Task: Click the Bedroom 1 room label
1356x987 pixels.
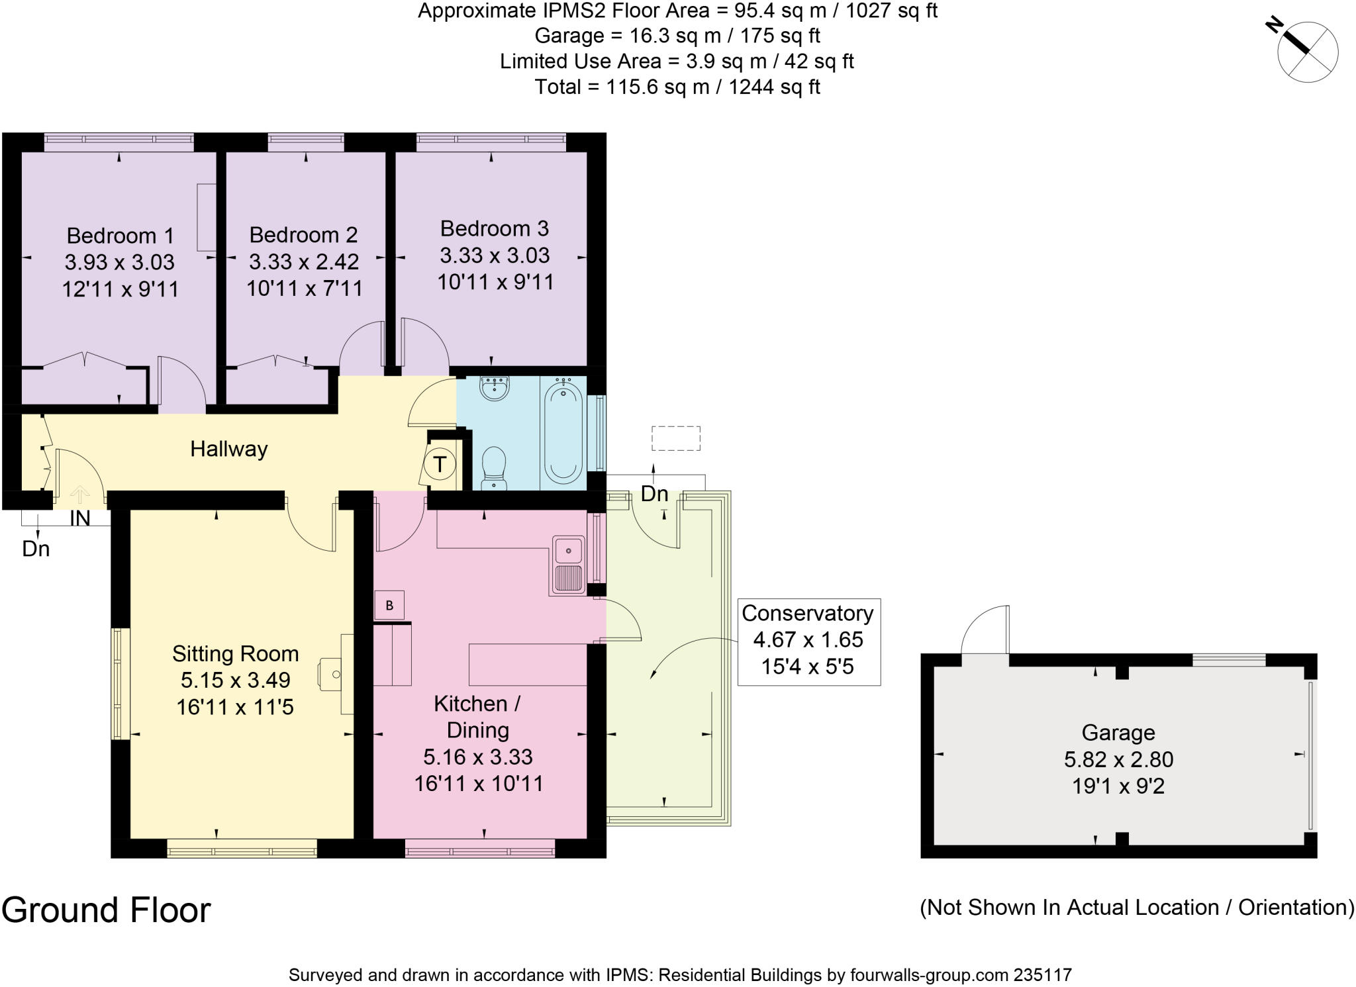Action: [x=121, y=236]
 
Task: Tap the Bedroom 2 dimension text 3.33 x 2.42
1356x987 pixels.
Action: [x=304, y=261]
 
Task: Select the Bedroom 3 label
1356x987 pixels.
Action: [x=495, y=228]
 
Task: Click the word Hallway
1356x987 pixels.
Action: [x=229, y=449]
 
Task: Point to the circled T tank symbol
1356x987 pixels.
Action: [x=440, y=463]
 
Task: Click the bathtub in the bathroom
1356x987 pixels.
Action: [x=563, y=433]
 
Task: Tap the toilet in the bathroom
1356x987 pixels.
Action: [x=494, y=468]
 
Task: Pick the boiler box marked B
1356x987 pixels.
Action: [x=389, y=605]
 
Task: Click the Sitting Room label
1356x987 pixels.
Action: [x=236, y=653]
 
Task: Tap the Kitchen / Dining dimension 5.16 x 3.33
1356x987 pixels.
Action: [x=478, y=757]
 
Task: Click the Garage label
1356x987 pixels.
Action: [x=1118, y=733]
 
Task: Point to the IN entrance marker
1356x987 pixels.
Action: [x=80, y=518]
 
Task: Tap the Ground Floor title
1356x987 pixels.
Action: [x=106, y=910]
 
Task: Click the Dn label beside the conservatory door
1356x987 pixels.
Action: [x=654, y=494]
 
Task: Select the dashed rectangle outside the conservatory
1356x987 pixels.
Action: [x=676, y=438]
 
